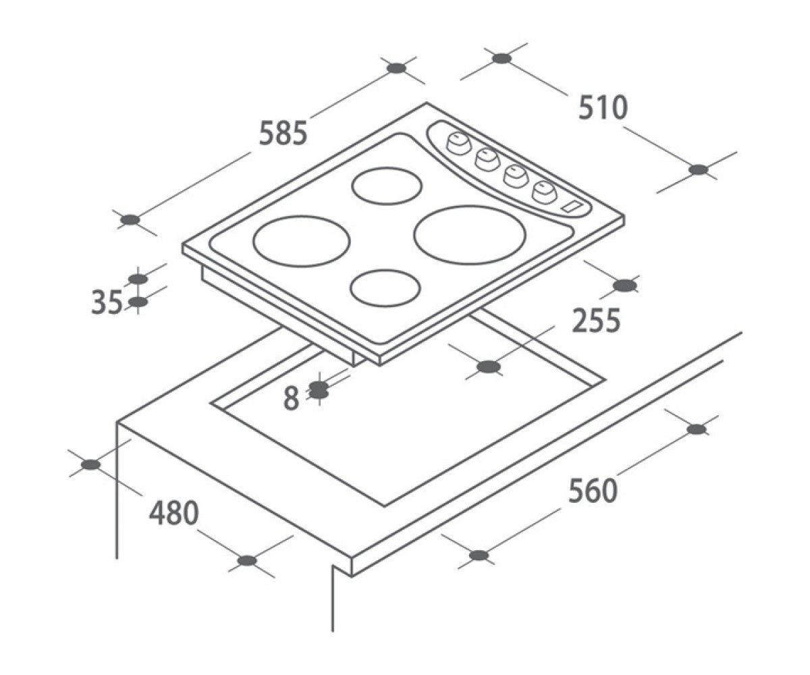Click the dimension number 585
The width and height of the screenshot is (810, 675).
coord(283,133)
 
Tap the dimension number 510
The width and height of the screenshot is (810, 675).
coord(603,107)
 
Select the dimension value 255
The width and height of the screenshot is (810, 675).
coord(596,321)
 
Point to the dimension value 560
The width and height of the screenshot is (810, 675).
coord(593,491)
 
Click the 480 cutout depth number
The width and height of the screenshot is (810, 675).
coord(174,513)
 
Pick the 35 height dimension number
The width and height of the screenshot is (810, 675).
coord(107,302)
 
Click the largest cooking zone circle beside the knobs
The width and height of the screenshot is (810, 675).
coord(470,235)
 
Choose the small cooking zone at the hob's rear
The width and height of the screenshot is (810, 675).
coord(386,186)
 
